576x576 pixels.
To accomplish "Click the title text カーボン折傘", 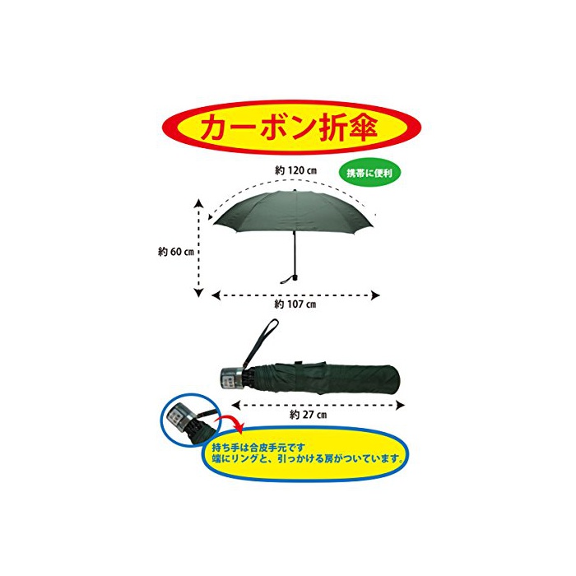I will point(288,128).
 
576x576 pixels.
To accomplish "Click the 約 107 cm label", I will point(295,304).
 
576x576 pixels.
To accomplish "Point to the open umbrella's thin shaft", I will point(294,251).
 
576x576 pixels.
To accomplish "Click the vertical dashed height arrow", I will point(198,247).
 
